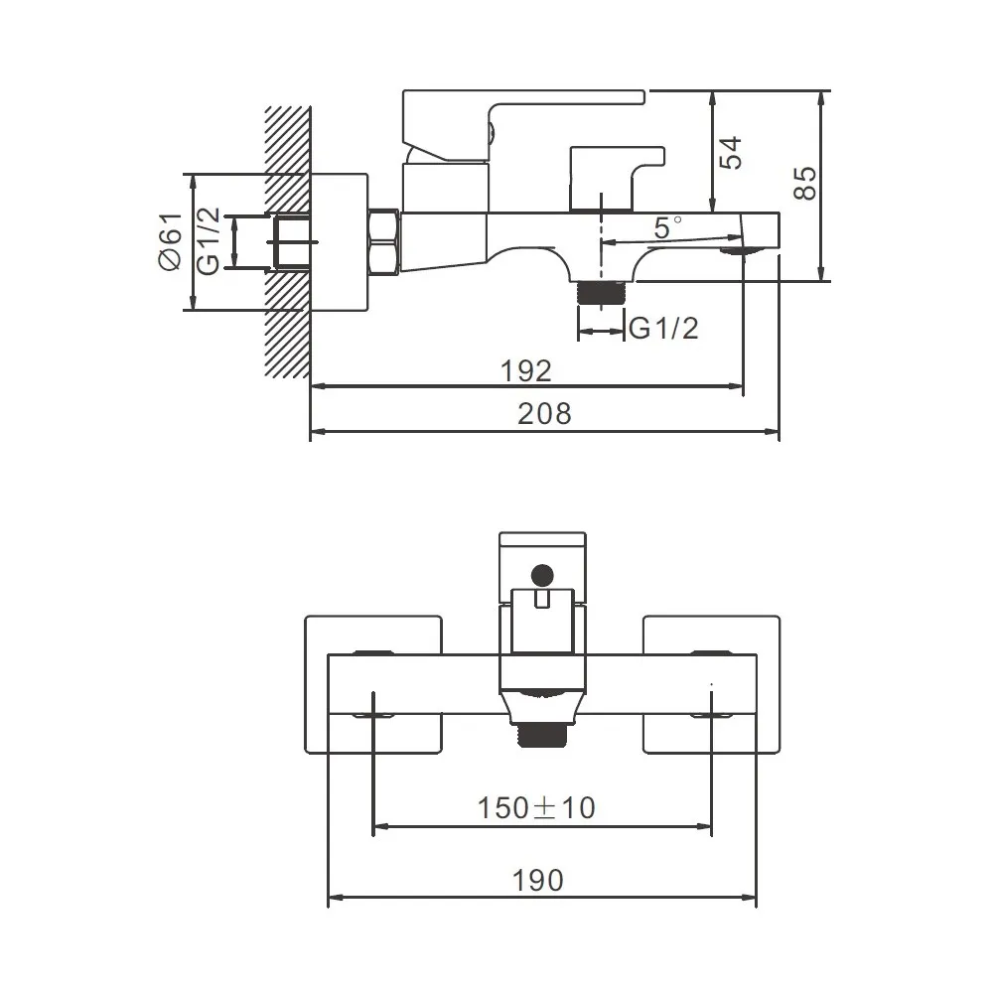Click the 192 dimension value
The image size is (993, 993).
point(525,370)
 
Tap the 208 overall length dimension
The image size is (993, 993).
point(544,413)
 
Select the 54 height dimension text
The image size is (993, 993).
point(730,152)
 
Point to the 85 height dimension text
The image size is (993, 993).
point(805,184)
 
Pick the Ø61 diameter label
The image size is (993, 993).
point(171,242)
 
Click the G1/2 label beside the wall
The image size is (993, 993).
point(209,240)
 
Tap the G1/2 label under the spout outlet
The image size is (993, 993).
point(663,328)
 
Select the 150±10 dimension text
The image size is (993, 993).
point(536,808)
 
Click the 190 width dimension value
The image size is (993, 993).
point(537,880)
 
